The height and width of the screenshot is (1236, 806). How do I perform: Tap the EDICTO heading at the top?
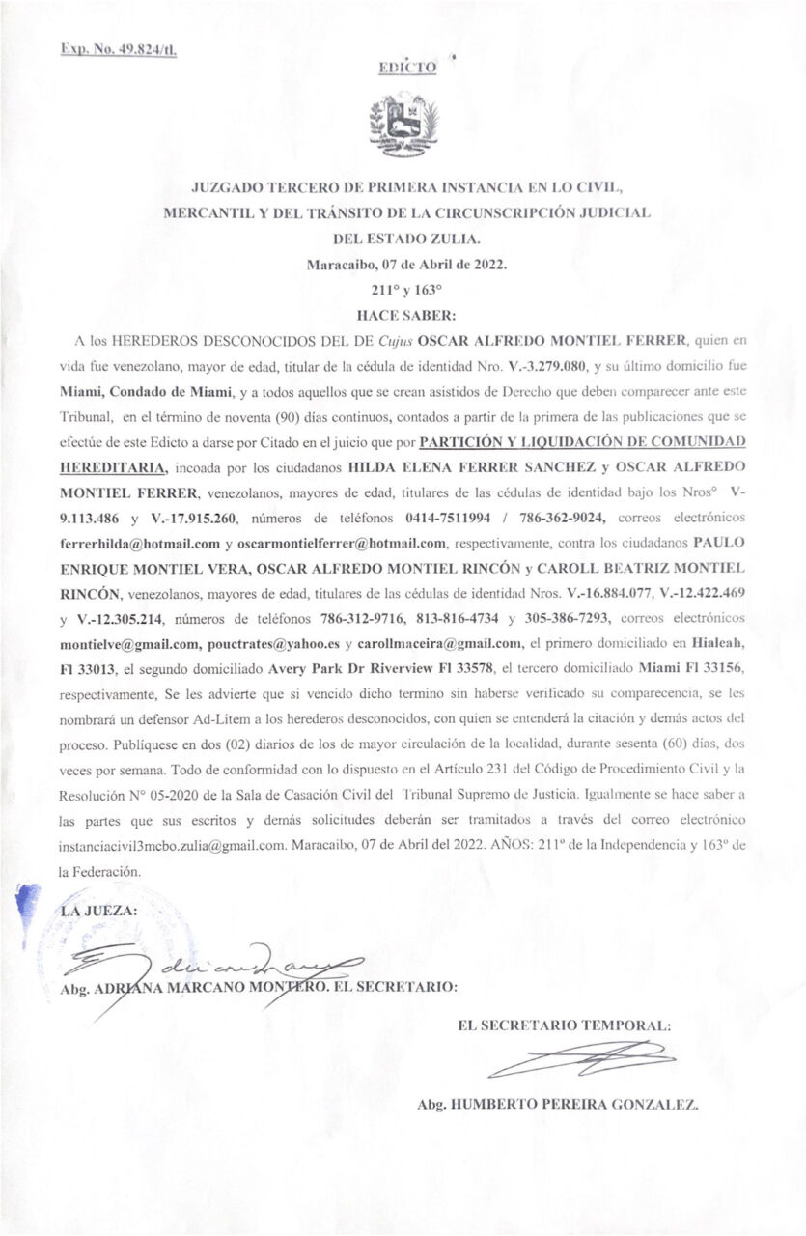pyautogui.click(x=407, y=68)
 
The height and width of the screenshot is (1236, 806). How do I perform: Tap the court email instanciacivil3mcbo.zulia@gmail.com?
pyautogui.click(x=190, y=844)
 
